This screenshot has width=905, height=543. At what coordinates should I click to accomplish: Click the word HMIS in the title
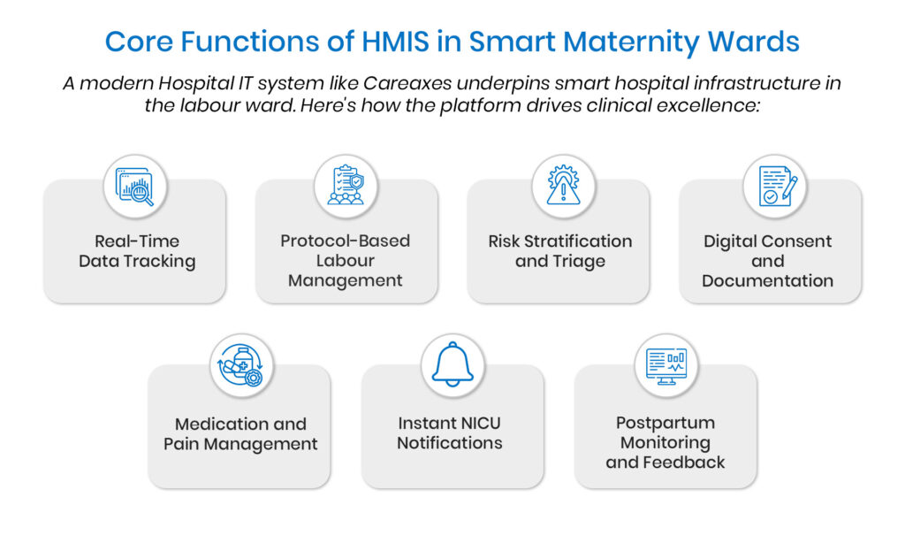[395, 42]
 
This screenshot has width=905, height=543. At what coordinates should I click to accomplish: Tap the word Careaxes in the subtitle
[407, 83]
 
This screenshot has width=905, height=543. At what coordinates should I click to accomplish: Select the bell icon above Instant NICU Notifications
[452, 364]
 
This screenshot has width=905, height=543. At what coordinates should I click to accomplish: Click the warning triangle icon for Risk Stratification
[563, 185]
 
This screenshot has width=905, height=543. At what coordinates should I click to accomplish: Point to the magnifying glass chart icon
[135, 187]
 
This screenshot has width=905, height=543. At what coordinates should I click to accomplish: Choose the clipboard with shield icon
[346, 185]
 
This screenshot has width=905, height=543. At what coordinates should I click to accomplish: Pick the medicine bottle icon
[241, 365]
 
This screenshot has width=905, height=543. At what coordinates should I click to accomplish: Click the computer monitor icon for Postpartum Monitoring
[666, 366]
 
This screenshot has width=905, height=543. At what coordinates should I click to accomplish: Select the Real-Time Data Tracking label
[137, 251]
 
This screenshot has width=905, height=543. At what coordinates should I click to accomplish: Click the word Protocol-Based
[346, 241]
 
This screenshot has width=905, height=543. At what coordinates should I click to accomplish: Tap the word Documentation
[768, 280]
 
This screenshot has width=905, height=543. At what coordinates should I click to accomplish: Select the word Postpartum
[665, 423]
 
